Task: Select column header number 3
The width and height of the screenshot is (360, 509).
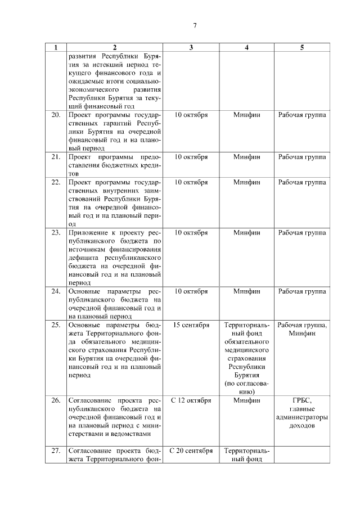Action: coord(191,48)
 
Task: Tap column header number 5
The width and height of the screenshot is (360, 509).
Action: coord(302,48)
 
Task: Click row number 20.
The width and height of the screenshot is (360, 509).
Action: coord(56,115)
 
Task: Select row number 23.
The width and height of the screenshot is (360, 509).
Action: coord(56,232)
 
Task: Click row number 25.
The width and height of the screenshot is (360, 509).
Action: coord(56,325)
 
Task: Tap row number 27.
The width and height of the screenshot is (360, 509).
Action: coord(56,451)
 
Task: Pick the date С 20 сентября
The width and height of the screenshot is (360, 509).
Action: coord(191,451)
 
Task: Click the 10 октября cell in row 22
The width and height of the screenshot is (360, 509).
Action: coord(191,182)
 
